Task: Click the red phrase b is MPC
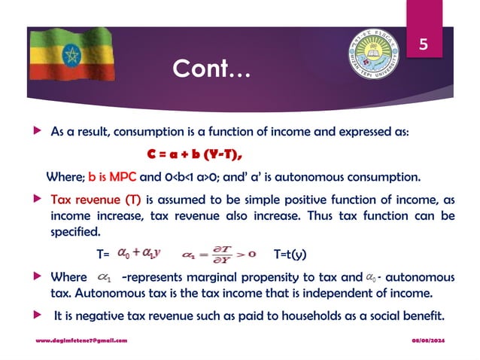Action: click(112, 178)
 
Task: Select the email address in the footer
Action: click(81, 341)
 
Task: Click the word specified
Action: click(74, 230)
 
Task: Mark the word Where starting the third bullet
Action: click(68, 277)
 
